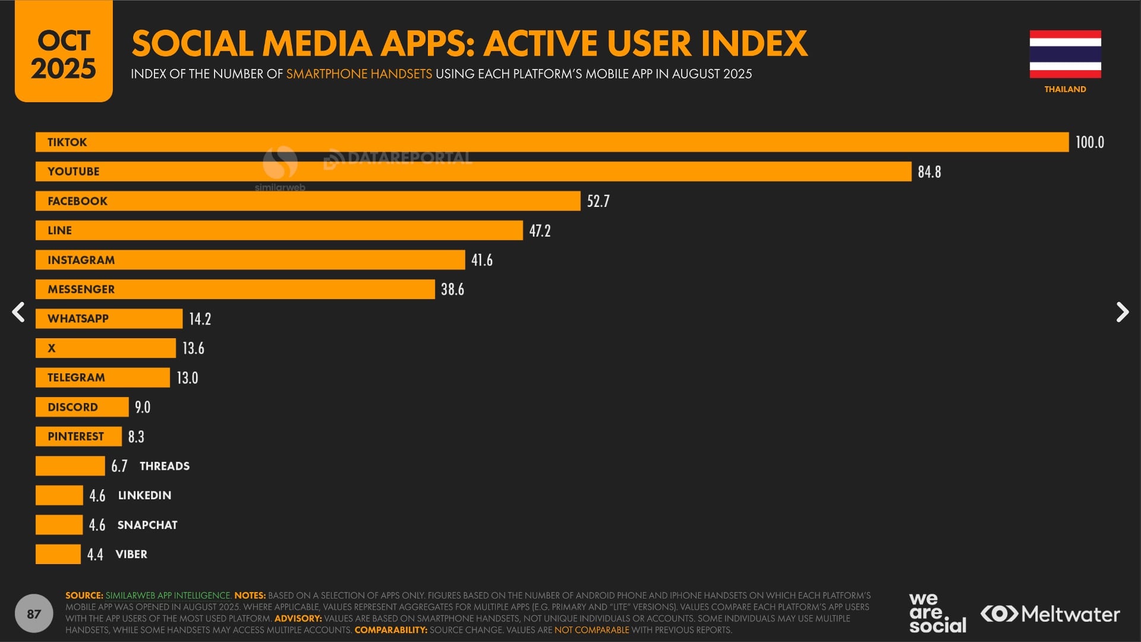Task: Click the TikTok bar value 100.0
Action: pyautogui.click(x=1089, y=142)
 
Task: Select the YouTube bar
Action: pyautogui.click(x=473, y=171)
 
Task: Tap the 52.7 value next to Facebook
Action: pyautogui.click(x=598, y=201)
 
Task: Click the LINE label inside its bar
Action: pyautogui.click(x=59, y=230)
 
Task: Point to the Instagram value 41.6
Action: pyautogui.click(x=481, y=260)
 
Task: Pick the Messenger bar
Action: pyautogui.click(x=235, y=289)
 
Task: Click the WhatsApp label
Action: pyautogui.click(x=78, y=319)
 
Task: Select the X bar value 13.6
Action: pyautogui.click(x=193, y=348)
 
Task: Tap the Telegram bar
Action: pyautogui.click(x=102, y=377)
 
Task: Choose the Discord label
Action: pyautogui.click(x=73, y=407)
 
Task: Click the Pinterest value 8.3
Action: pyautogui.click(x=136, y=436)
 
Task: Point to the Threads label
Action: pyautogui.click(x=165, y=466)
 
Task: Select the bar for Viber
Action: pyautogui.click(x=58, y=554)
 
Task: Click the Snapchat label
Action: pyautogui.click(x=147, y=525)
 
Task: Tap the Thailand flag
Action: pyautogui.click(x=1065, y=54)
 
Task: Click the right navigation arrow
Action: pyautogui.click(x=1122, y=312)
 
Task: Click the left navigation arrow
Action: pyautogui.click(x=18, y=312)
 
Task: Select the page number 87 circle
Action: pyautogui.click(x=34, y=613)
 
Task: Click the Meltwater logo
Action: pyautogui.click(x=1050, y=613)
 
